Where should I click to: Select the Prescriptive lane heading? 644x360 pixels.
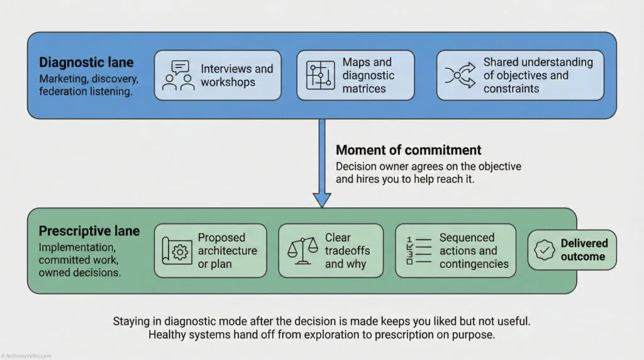tap(89, 231)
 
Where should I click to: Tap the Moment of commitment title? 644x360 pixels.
tap(408, 150)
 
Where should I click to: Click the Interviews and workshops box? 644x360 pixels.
tap(218, 76)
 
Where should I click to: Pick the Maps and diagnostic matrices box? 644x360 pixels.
tap(355, 76)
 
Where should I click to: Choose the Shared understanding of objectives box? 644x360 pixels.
tap(519, 76)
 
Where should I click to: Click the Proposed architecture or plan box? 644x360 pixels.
tap(210, 250)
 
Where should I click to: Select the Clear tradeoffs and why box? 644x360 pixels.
tap(330, 250)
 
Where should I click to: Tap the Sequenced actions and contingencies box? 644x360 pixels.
tap(455, 250)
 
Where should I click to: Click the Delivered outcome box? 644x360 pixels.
tap(572, 250)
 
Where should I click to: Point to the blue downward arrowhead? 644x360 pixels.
tap(322, 198)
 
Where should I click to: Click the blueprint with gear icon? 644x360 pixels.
tap(176, 251)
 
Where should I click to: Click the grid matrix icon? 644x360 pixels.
tap(320, 76)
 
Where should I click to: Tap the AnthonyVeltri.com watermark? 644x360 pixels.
tap(26, 356)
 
